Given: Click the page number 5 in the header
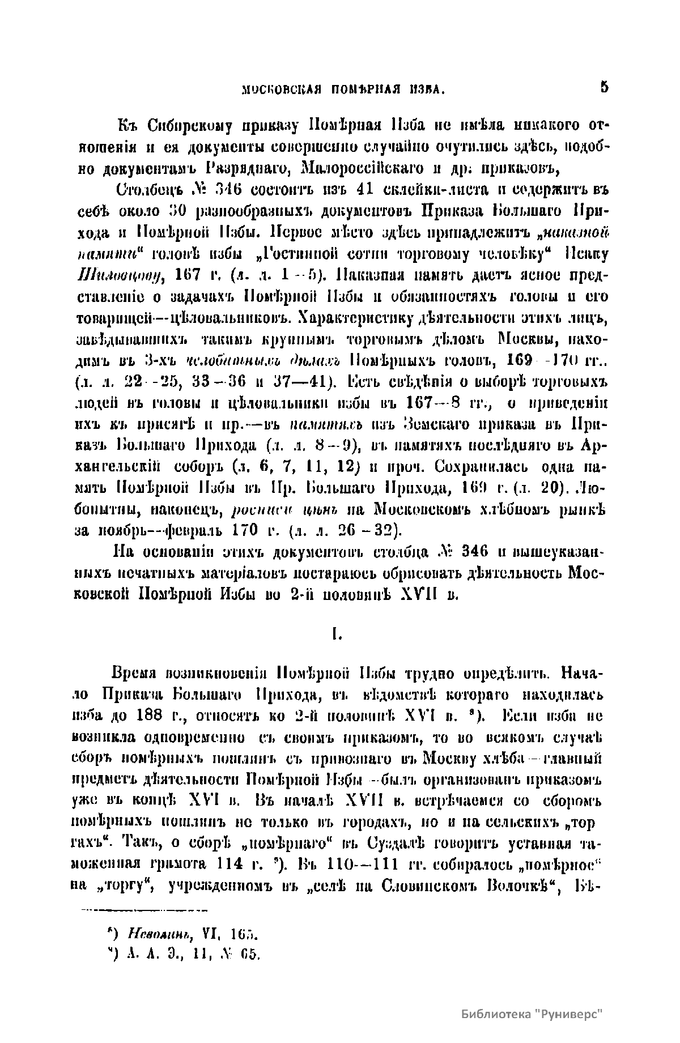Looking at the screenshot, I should (604, 88).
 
